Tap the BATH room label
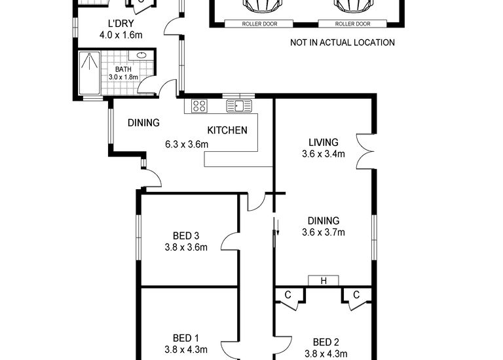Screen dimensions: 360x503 coord(123,69)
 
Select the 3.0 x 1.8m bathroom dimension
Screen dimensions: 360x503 coord(123,77)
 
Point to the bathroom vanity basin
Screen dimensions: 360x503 coord(141,56)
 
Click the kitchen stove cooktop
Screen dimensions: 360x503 coord(199,105)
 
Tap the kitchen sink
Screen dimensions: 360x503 coord(239,105)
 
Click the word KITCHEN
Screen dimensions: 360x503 coord(227,130)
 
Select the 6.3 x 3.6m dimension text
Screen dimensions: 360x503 coord(187,145)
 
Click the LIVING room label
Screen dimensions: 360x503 coord(324,143)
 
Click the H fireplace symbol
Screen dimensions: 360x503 coord(324,281)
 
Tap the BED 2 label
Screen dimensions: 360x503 coord(326,342)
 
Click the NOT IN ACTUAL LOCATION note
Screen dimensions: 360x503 coord(343,43)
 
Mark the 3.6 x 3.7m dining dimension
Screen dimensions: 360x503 coord(324,232)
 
